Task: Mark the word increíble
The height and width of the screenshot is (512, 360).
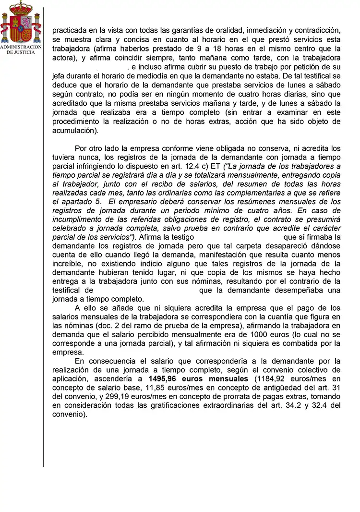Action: click(x=70, y=264)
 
